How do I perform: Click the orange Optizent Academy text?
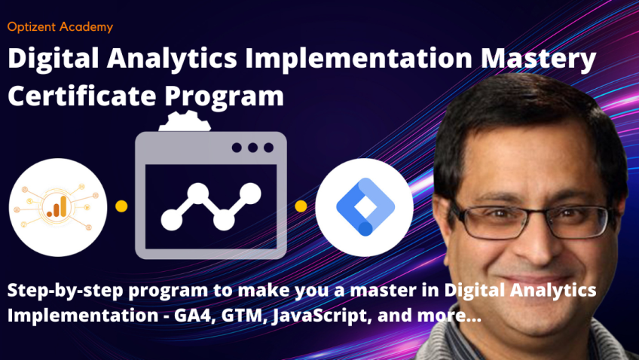pos(60,27)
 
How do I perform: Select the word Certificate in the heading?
pos(82,96)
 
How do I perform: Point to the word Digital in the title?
pos(54,59)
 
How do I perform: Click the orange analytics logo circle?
pos(58,207)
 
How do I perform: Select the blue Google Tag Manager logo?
pos(365,207)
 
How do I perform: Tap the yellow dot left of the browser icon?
pos(121,206)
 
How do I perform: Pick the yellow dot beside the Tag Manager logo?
pos(301,206)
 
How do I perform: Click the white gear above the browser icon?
pos(185,121)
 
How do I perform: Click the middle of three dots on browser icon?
pos(252,148)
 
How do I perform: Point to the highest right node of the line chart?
pos(250,194)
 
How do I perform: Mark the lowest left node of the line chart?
pos(172,220)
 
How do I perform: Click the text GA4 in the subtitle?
pos(196,316)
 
